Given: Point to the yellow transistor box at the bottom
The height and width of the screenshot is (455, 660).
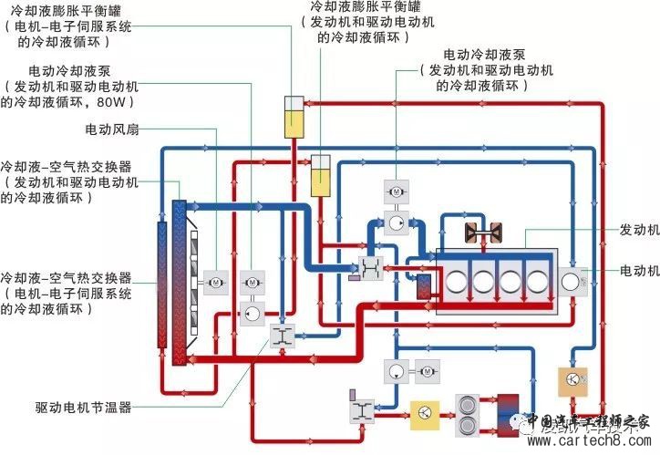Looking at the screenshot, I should (424, 412).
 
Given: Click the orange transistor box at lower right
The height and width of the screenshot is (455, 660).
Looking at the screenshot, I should (572, 378).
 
